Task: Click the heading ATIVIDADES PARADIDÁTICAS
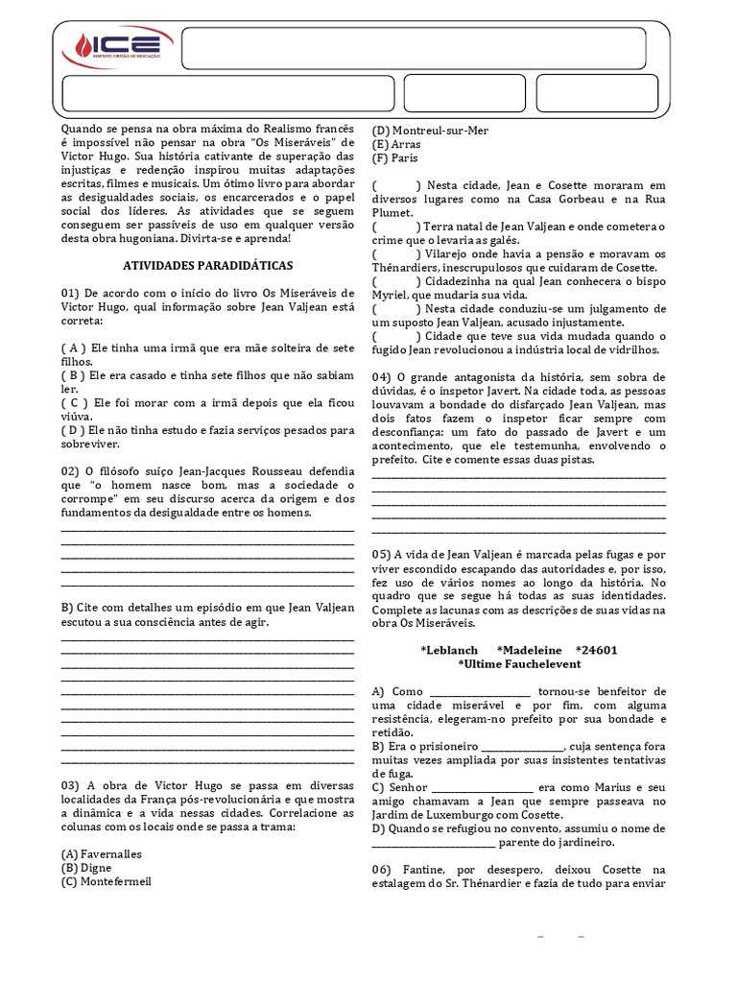click(x=208, y=264)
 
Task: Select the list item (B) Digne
click(x=86, y=867)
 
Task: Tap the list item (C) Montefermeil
click(x=106, y=880)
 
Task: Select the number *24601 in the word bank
click(x=596, y=650)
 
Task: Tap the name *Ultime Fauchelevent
click(x=518, y=663)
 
